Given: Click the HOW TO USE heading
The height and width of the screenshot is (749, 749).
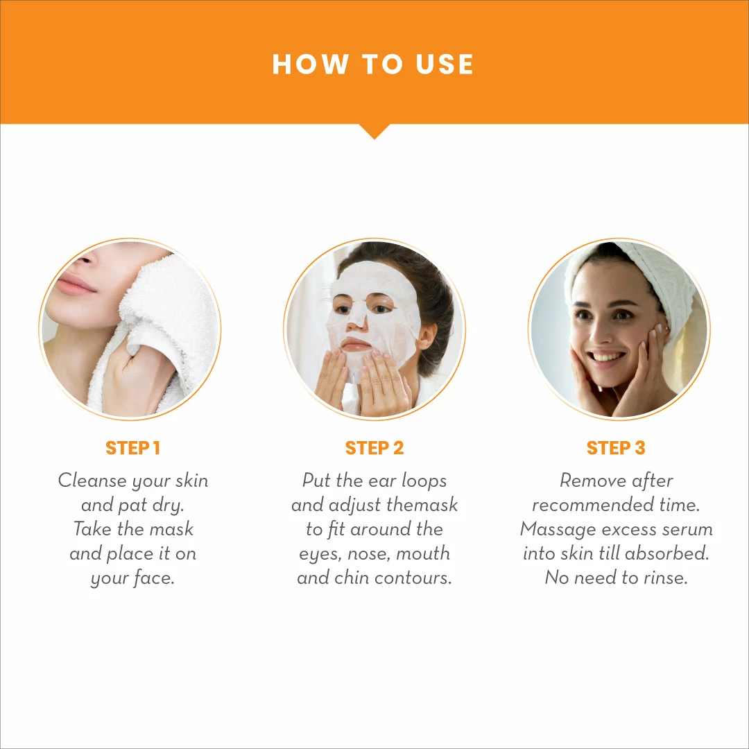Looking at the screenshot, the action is pos(372,64).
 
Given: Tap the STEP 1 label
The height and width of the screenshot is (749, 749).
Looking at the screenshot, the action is pos(132,448).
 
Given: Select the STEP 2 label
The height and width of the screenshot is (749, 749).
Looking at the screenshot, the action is pos(374,448).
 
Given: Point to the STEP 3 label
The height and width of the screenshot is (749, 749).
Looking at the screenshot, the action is pos(616,448).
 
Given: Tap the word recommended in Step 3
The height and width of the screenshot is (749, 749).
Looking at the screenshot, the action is pos(592,505).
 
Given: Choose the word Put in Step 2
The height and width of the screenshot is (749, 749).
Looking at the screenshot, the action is pos(316,481).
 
